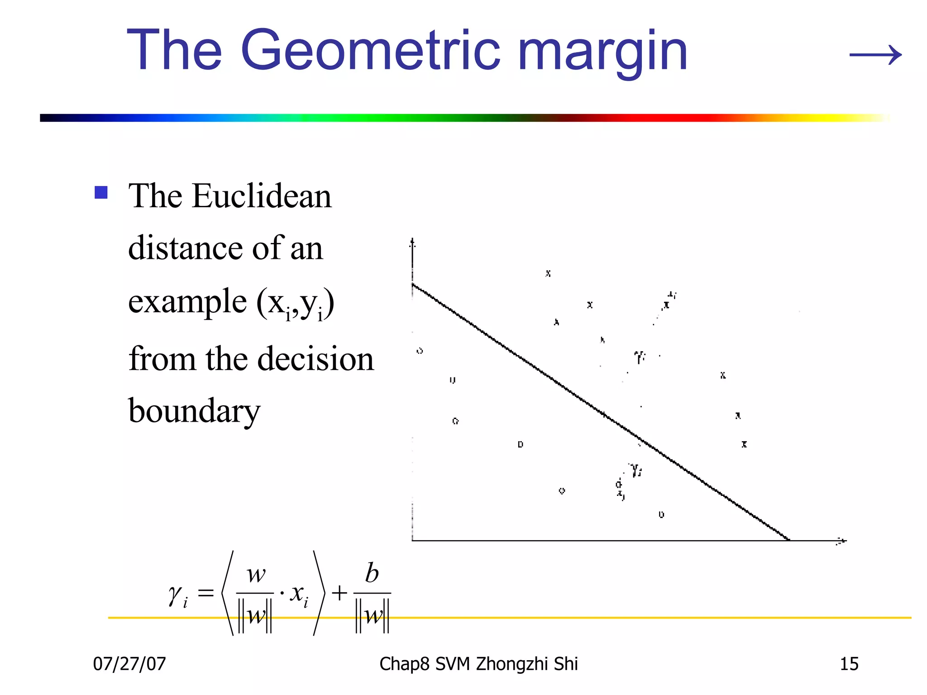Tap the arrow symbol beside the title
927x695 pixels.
point(875,55)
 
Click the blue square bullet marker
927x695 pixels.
point(101,193)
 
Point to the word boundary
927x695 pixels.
point(194,411)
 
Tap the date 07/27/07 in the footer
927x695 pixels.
point(129,664)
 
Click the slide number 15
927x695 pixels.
point(849,664)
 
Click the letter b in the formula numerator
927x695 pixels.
point(372,573)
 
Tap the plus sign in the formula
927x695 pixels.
point(339,593)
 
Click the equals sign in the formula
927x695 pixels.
point(205,593)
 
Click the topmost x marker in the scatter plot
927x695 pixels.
point(548,273)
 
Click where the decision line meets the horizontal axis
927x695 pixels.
point(788,540)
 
